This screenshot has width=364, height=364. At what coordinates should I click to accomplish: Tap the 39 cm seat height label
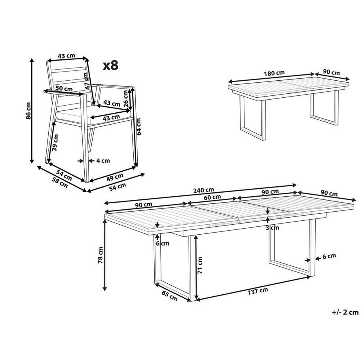(56, 143)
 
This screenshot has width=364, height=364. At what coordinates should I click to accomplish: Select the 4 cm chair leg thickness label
(102, 161)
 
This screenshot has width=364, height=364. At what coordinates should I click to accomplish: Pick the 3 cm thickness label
(273, 227)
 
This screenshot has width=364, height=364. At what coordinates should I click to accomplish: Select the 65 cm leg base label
(169, 296)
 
